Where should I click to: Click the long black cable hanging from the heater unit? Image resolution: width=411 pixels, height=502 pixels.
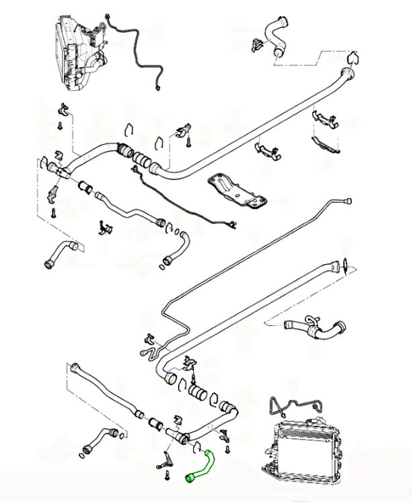tap(138, 54)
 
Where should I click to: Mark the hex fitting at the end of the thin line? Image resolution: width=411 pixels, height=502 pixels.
tap(348, 200)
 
